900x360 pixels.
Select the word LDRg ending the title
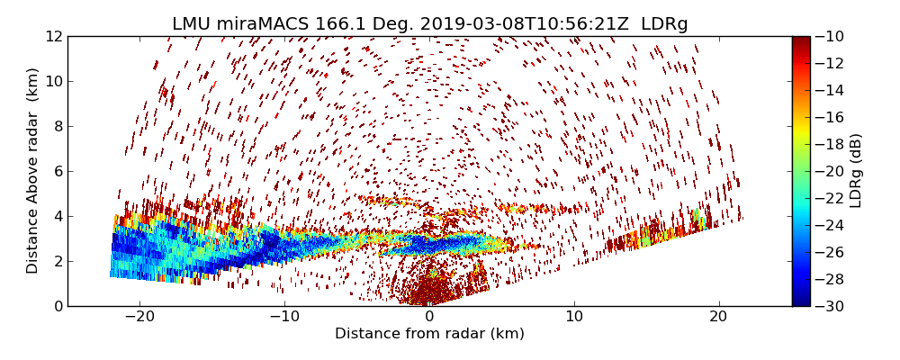tap(664, 24)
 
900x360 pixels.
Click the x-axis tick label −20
tap(139, 317)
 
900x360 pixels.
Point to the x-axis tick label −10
tap(284, 317)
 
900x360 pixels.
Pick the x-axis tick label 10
tap(573, 317)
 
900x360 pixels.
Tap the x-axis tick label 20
tap(718, 317)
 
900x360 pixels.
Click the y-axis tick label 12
tap(55, 36)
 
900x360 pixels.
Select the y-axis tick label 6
tap(58, 171)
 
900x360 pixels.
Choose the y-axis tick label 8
tap(58, 126)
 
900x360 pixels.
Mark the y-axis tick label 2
tap(58, 261)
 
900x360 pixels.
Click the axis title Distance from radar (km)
tap(429, 334)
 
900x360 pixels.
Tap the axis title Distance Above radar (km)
tap(33, 170)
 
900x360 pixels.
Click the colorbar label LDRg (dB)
tap(856, 170)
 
